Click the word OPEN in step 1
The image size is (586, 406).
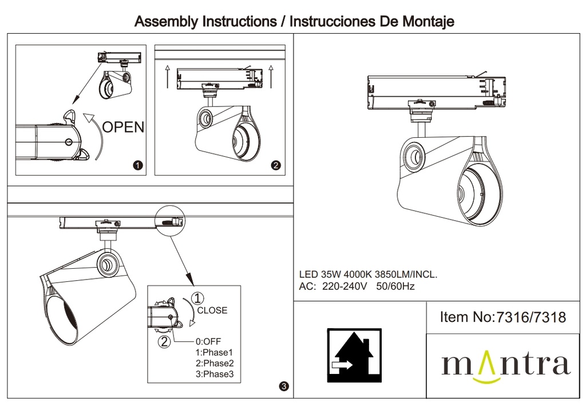coord(123,126)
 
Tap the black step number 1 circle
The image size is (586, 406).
coord(137,166)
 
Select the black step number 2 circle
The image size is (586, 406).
coord(276,166)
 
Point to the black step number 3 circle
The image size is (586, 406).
coord(284,387)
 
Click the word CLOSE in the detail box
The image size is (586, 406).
coord(212,311)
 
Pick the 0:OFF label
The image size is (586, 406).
coord(208,341)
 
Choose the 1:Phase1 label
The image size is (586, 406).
coord(215,352)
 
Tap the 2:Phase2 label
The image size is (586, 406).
coord(215,363)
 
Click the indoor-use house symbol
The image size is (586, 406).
coord(354,355)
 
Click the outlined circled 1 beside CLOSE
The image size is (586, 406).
coord(197,298)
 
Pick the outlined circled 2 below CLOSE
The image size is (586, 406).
coord(164,342)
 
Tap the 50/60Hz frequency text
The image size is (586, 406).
coord(395,286)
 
